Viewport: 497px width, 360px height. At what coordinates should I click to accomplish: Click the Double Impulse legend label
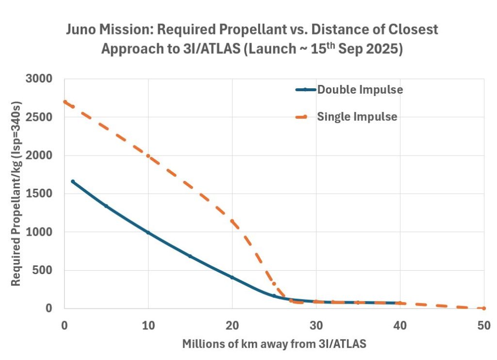tap(360, 90)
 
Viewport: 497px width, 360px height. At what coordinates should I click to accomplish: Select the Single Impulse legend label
tap(357, 116)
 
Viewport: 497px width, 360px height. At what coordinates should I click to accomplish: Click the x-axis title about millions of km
tap(274, 344)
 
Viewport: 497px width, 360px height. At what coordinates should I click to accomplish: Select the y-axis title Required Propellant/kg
tap(17, 194)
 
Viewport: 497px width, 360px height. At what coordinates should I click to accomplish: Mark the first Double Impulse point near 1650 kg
tap(73, 181)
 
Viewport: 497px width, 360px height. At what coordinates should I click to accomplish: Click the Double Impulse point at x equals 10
tap(148, 233)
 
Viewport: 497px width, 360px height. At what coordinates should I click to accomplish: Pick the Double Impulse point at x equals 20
tap(232, 278)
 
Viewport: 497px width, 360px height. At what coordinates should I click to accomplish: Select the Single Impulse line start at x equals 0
tap(65, 102)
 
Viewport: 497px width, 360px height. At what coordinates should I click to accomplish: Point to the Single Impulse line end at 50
tap(484, 308)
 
